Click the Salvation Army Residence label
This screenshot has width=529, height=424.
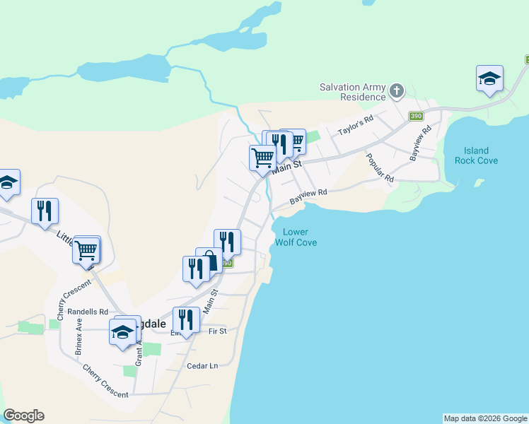353,92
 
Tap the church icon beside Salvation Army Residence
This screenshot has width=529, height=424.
397,90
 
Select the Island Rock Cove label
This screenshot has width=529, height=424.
481,155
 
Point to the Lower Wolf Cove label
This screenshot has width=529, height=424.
299,237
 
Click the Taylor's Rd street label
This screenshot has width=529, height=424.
355,126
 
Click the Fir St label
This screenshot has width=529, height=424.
217,331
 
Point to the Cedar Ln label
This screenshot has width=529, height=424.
202,365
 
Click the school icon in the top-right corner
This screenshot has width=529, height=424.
489,78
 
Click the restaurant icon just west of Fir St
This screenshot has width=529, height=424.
186,320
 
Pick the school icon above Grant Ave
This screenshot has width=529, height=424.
122,331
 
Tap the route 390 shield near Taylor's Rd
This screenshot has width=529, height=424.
416,116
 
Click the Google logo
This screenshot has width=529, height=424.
23,416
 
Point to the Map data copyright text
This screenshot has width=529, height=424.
485,418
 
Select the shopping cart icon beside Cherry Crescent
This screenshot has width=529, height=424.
86,249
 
